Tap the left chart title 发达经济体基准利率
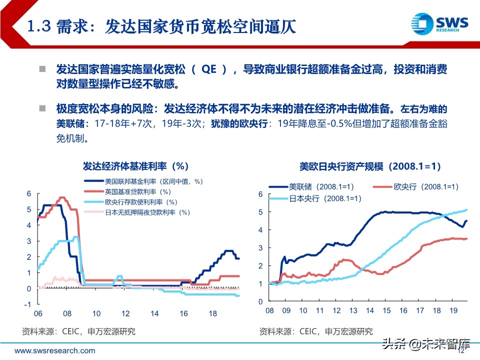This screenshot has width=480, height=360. tap(135, 166)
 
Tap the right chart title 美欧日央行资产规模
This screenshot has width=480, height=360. tap(370, 166)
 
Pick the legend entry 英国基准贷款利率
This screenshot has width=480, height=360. tap(137, 191)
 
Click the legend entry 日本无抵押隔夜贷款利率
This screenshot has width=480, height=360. tap(148, 212)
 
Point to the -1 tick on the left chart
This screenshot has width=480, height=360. tap(28, 304)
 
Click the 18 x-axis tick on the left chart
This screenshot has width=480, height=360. tap(212, 314)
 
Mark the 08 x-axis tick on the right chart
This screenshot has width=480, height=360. tap(270, 310)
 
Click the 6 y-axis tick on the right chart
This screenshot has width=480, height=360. tap(260, 193)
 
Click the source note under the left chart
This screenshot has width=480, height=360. tap(78, 331)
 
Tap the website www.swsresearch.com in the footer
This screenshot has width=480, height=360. tap(54, 350)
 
